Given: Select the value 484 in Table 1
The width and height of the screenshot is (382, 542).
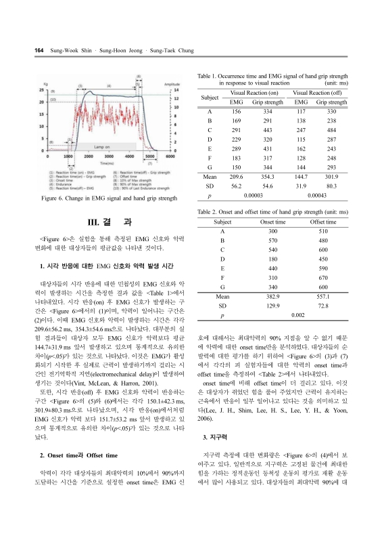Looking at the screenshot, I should pyautogui.click(x=331, y=130).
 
